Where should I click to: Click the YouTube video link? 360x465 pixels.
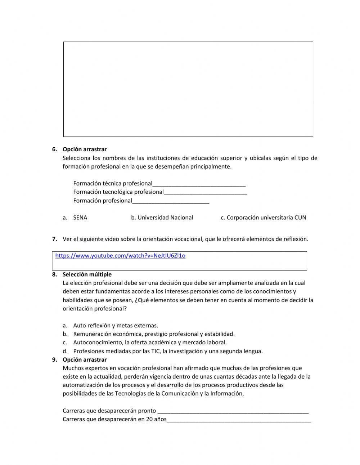pos(120,256)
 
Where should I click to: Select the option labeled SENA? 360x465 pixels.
pos(80,218)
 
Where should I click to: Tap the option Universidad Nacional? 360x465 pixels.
pos(165,218)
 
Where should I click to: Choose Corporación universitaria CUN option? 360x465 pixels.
pos(266,218)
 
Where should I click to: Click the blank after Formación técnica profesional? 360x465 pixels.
pos(199,184)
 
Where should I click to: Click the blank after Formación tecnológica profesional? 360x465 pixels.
pos(205,192)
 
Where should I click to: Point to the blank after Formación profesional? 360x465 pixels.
pos(171,201)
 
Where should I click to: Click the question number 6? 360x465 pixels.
pos(54,149)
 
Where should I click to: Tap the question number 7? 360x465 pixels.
pos(54,239)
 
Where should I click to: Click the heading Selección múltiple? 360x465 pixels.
pos(87,274)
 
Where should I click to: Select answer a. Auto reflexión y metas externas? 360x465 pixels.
pos(115,326)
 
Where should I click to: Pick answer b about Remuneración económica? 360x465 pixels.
pos(153,334)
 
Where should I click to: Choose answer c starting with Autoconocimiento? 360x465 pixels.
pos(150,343)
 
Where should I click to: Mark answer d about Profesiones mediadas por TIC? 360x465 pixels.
pos(168,351)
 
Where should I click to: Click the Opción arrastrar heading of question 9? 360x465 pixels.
pos(85,360)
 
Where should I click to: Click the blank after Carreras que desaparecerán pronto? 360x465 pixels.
pos(233,411)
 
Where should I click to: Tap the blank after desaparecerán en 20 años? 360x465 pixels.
pos(239,420)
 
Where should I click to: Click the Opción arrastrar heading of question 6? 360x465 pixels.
pos(85,149)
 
